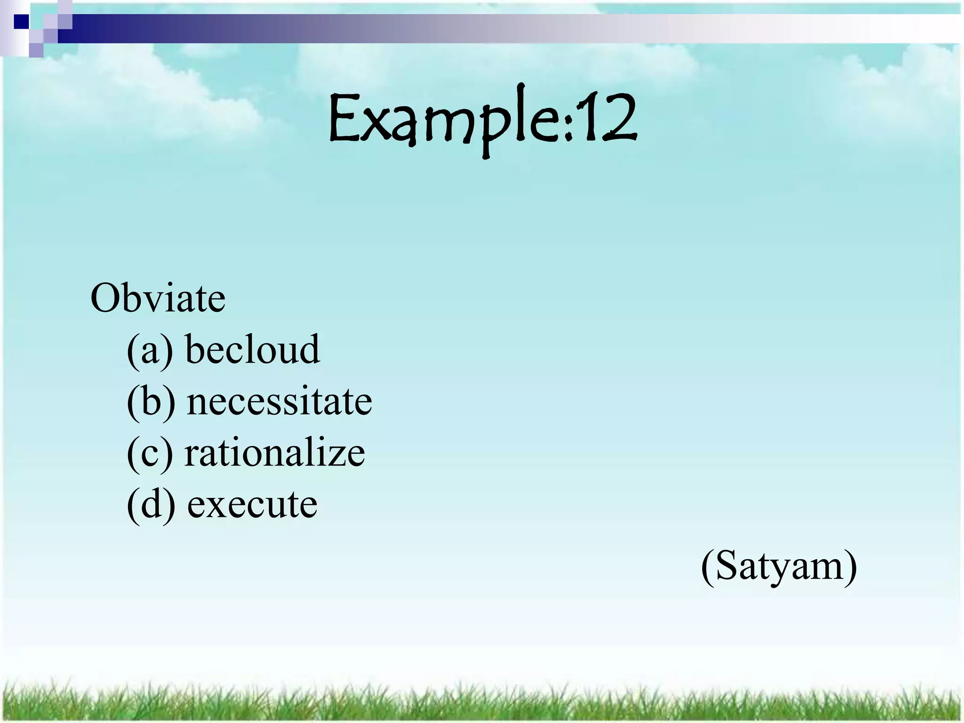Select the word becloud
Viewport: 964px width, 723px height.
point(253,349)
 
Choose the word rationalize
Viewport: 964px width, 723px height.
point(274,453)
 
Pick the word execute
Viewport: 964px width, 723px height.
point(252,504)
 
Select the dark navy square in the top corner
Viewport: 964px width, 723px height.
point(21,22)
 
